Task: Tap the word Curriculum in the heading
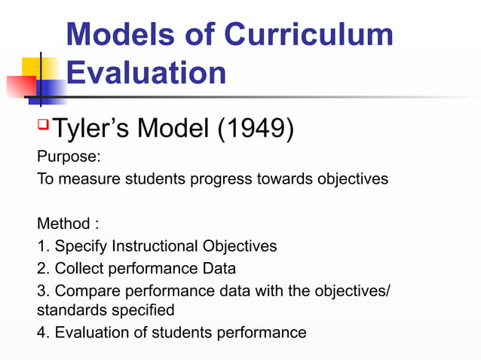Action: (308, 35)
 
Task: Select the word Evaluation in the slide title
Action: (146, 73)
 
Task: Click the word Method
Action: (62, 224)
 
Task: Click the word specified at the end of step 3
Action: (147, 310)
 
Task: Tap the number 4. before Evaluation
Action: (43, 331)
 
